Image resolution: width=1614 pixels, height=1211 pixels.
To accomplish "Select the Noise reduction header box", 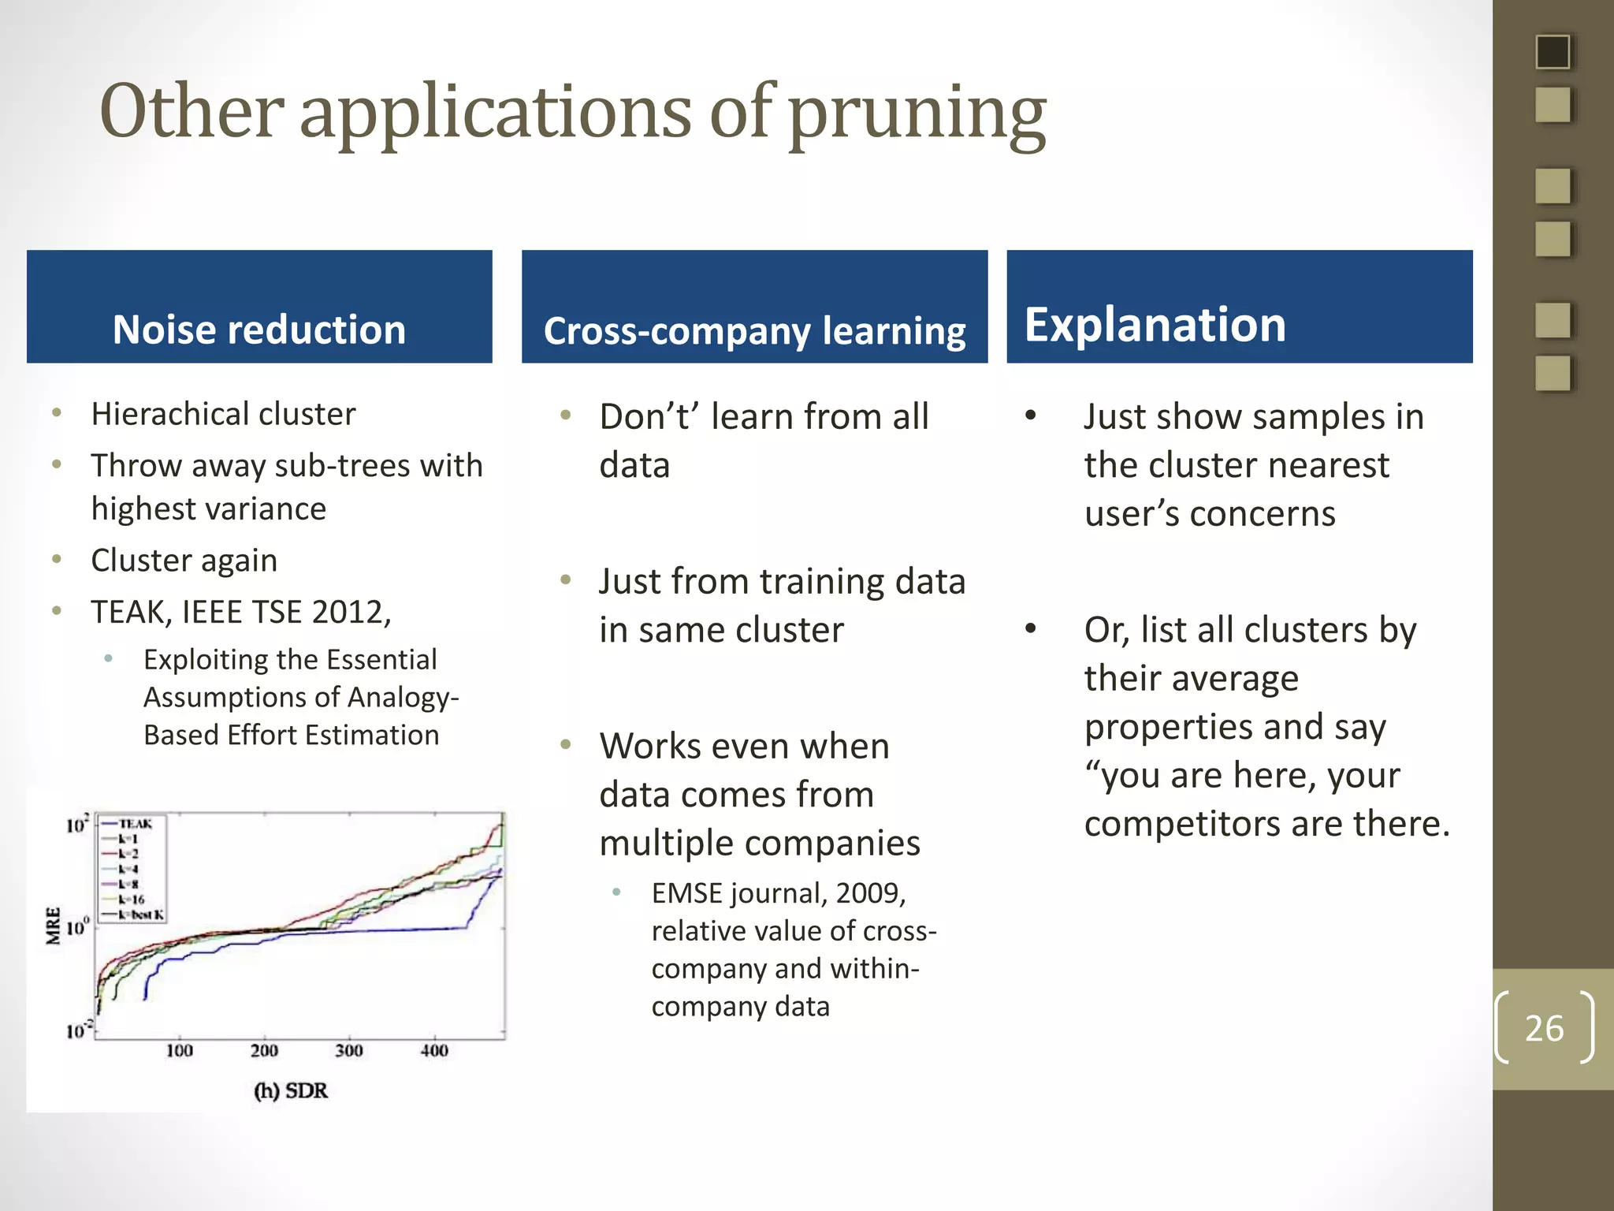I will coord(259,307).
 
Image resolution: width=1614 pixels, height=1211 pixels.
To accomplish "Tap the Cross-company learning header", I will coord(754,330).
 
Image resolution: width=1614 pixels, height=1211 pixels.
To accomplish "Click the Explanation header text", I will coord(1155,324).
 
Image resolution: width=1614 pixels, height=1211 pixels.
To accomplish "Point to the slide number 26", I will coord(1544,1028).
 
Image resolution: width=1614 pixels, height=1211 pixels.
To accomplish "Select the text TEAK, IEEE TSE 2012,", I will coord(241,612).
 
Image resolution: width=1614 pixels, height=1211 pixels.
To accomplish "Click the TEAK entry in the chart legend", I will coord(135,823).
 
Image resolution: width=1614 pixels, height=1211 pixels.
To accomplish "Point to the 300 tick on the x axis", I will coord(349,1050).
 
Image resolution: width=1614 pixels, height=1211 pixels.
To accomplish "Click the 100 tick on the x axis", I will coord(180,1050).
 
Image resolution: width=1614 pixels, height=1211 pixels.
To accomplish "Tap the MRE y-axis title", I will coord(53,926).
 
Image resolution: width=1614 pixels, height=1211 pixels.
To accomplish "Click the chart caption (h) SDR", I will coord(290,1090).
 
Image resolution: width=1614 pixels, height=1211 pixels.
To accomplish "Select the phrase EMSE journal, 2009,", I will coord(778,893).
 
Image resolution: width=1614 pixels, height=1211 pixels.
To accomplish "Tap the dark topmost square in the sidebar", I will coord(1553,52).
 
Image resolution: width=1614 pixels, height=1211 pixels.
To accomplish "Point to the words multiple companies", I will coord(759,843).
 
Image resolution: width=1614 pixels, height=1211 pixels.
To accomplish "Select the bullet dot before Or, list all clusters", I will coord(1031,629).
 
